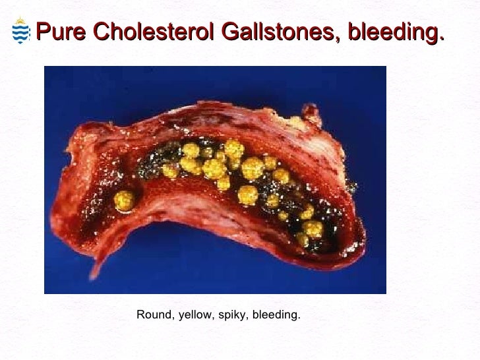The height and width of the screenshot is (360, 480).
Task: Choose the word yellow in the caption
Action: [x=192, y=315]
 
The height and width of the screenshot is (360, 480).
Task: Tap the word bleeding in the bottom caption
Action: [x=275, y=315]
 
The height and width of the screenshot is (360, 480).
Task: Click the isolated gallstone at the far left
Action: [x=123, y=199]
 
